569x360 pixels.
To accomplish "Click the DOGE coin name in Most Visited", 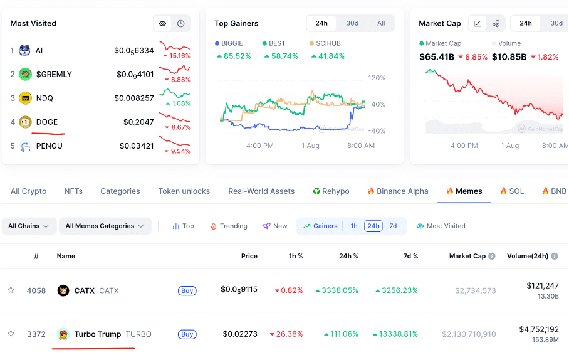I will coord(47,122).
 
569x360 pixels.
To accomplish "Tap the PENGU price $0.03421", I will coord(137,146).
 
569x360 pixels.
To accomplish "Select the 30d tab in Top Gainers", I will coord(352,23).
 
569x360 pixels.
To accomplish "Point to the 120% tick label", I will coord(377,78).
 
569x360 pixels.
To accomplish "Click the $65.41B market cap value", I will coord(436,57).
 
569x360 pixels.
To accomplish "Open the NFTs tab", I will coord(73,191).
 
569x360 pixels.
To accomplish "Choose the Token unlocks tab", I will coord(184,191).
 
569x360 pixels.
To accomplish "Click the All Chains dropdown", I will coord(29,226).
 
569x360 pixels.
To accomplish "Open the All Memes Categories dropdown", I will coord(105,226).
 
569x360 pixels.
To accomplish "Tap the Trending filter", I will coord(229,226).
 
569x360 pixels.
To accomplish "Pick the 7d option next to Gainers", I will coord(393,226).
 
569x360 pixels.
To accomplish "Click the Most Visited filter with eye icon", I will coord(441,226).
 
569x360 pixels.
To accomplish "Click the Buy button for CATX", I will coord(187,290).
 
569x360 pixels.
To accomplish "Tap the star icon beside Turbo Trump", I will coord(11,334).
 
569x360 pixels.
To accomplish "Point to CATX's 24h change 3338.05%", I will coord(337,290).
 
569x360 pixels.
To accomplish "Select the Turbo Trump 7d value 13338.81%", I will coord(395,334).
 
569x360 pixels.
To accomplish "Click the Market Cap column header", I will coord(467,256).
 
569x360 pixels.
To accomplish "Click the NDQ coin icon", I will coord(26,98).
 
